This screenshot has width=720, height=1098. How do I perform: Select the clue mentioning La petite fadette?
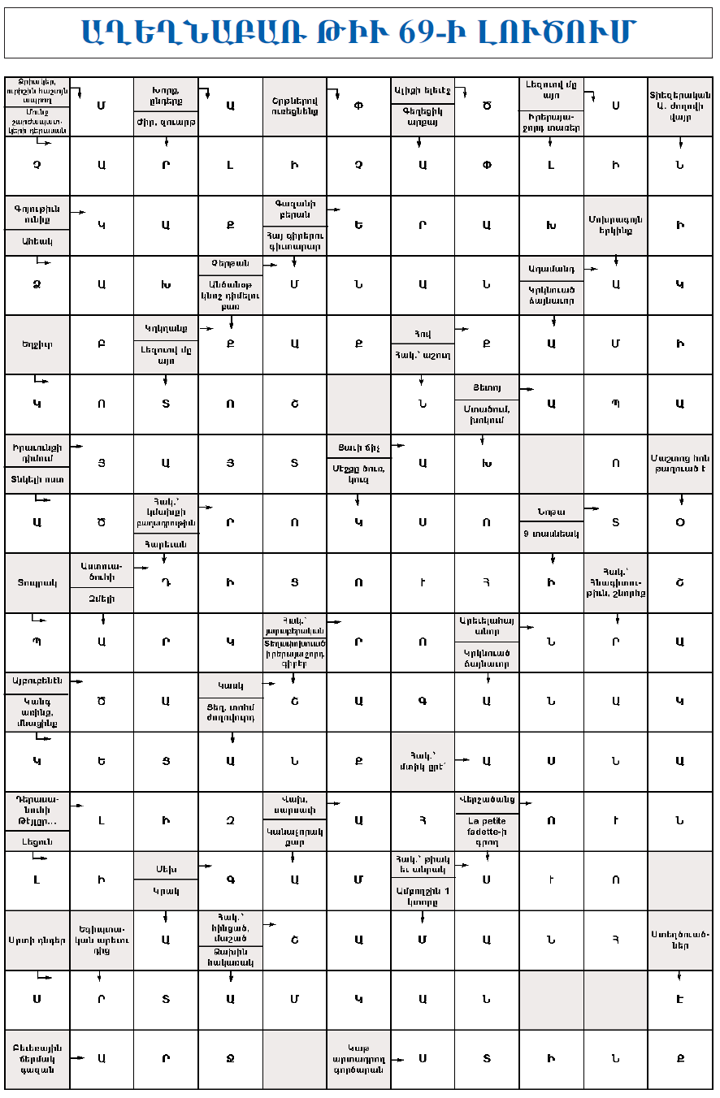click(x=487, y=831)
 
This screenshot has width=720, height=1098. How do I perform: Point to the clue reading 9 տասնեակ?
click(x=551, y=534)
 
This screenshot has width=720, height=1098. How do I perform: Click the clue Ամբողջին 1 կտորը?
click(x=423, y=896)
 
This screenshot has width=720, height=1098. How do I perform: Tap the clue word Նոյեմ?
click(x=551, y=512)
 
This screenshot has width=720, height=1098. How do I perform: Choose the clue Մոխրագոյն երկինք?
click(x=615, y=225)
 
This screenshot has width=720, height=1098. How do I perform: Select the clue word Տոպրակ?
click(x=37, y=582)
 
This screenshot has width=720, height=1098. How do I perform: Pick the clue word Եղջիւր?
click(x=37, y=344)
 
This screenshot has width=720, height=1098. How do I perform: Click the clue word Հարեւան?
click(x=166, y=544)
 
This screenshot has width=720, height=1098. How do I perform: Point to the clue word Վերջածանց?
click(x=487, y=799)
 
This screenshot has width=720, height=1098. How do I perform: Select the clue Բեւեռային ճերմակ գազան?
click(x=37, y=1059)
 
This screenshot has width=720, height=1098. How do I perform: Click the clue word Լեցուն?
click(x=37, y=842)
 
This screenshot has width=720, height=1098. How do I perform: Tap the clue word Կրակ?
click(x=166, y=891)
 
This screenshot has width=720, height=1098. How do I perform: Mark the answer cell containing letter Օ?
click(x=680, y=523)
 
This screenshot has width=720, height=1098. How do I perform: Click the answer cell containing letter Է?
click(x=680, y=1000)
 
